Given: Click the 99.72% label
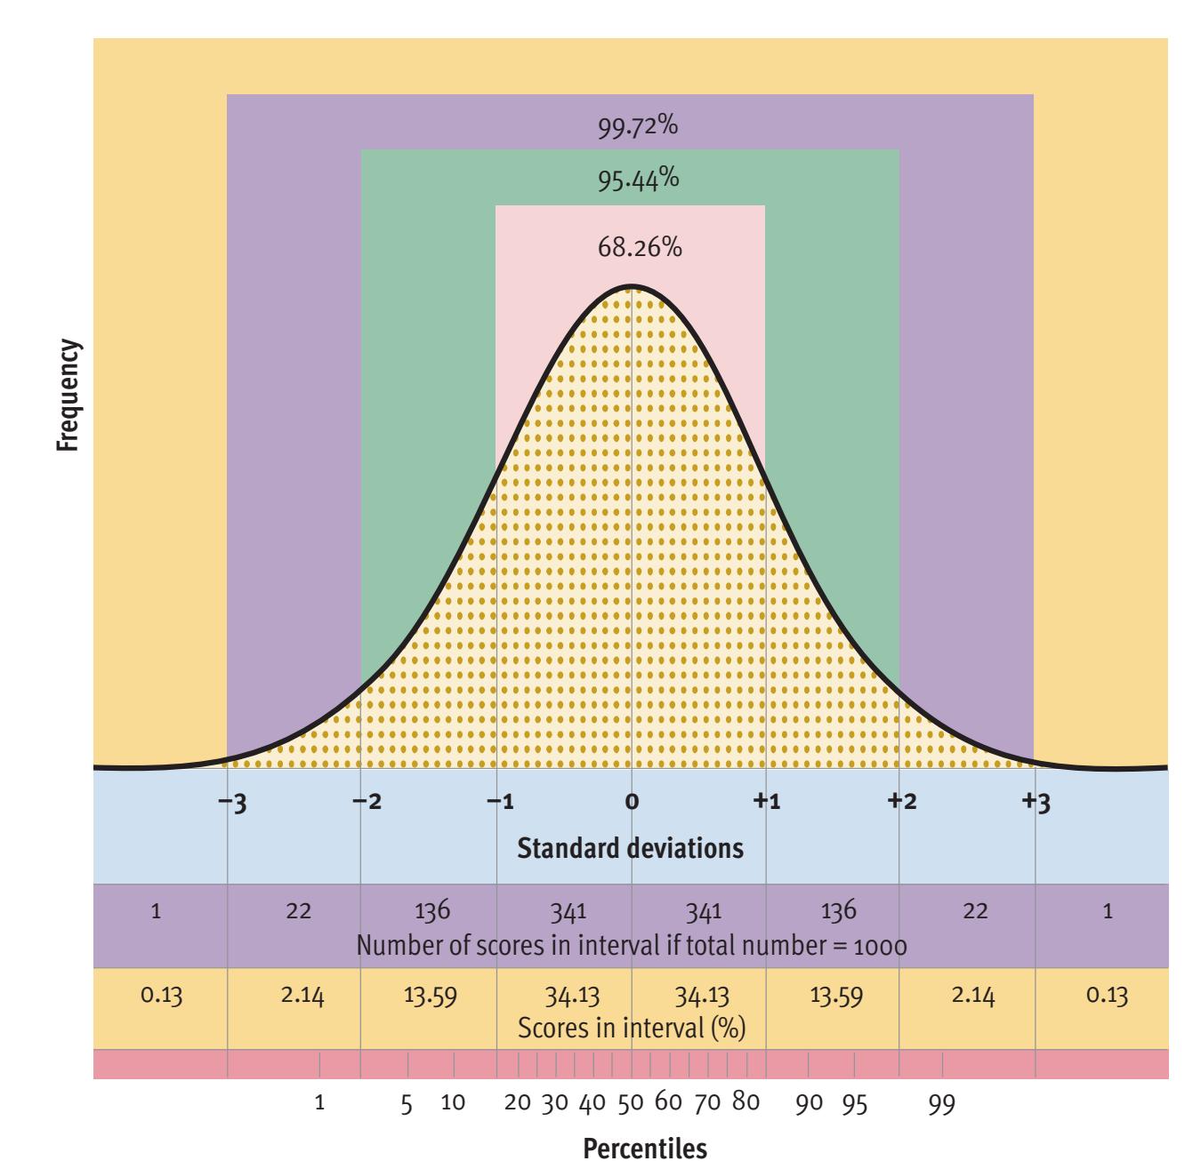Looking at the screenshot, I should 637,127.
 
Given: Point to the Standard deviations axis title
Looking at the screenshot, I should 630,848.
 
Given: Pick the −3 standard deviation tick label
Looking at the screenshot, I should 235,803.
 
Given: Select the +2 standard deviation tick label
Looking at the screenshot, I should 903,803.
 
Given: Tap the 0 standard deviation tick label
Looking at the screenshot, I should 632,803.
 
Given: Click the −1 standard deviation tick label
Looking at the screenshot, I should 501,803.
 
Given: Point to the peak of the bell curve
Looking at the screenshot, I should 631,286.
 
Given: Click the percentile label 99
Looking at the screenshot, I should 942,1104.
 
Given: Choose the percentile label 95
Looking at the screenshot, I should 856,1104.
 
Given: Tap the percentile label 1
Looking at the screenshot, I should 320,1104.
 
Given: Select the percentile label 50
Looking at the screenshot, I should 631,1104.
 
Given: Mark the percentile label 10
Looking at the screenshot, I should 454,1104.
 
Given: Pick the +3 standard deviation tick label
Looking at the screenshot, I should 1037,803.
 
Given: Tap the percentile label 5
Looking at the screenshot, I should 407,1104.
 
